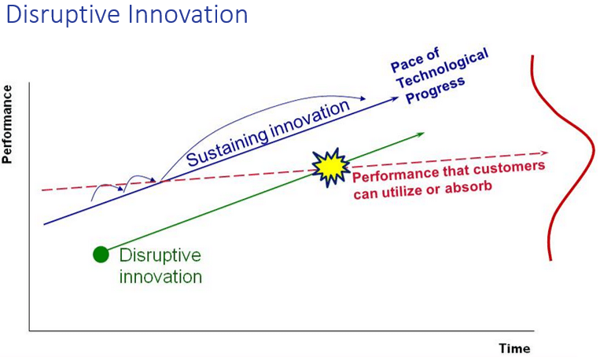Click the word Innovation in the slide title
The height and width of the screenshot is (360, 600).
(188, 14)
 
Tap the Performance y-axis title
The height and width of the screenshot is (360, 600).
(7, 124)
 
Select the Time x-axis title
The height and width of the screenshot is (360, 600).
(514, 348)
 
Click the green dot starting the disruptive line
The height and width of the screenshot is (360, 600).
(101, 255)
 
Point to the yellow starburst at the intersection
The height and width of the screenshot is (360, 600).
(330, 167)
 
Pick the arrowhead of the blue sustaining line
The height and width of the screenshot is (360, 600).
(395, 99)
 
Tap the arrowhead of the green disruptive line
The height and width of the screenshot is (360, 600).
(421, 134)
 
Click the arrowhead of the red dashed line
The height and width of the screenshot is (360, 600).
(544, 153)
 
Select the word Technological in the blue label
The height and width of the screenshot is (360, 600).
(443, 68)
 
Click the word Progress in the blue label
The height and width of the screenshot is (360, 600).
(435, 90)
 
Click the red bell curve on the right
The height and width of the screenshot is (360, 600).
(593, 149)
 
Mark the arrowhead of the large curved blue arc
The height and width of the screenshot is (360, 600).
(363, 99)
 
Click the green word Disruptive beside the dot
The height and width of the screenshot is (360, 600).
(160, 255)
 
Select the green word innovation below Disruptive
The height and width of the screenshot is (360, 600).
(160, 277)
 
